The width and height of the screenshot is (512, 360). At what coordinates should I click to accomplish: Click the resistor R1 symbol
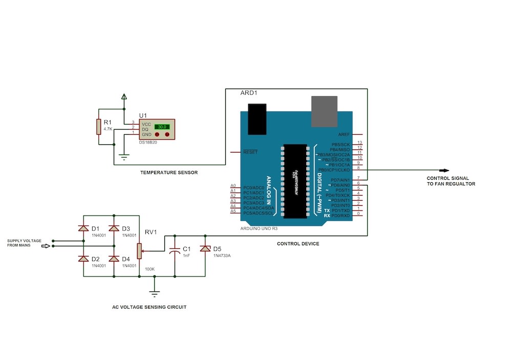[98, 126]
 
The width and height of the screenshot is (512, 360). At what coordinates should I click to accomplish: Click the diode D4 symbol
[114, 259]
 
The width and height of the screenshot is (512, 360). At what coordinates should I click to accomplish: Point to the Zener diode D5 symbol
[205, 249]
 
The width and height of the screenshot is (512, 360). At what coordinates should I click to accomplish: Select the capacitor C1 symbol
[175, 251]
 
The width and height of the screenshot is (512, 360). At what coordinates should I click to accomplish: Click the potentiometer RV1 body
[139, 250]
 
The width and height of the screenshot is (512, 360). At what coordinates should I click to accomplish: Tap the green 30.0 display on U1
[162, 126]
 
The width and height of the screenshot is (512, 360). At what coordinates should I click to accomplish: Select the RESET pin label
[250, 152]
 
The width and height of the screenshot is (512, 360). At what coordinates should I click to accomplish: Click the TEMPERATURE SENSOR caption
[169, 173]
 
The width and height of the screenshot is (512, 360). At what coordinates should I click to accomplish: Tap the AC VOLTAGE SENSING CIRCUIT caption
[150, 307]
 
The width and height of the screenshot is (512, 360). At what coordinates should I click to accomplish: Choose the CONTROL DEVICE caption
[298, 244]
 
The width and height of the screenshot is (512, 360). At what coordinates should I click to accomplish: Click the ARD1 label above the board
[249, 93]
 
